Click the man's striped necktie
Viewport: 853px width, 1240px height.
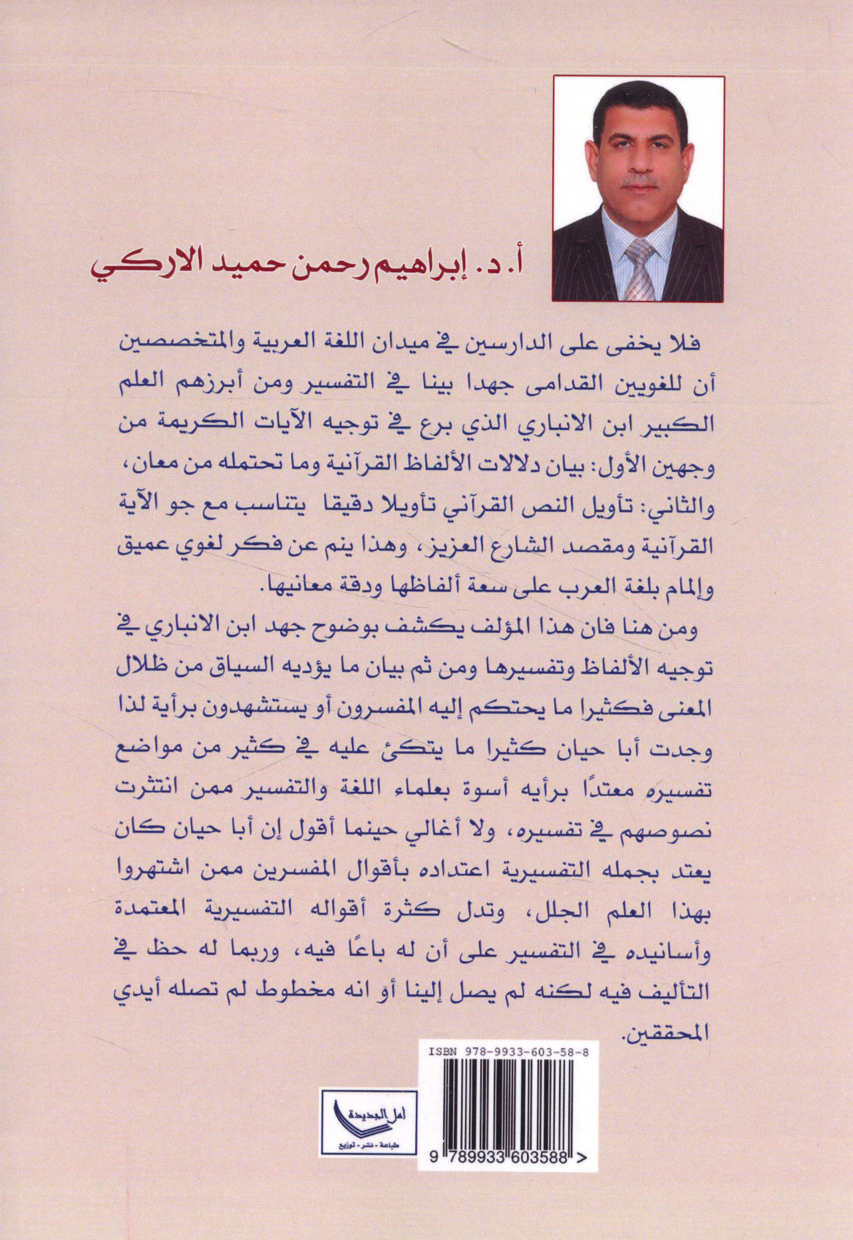[639, 270]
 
